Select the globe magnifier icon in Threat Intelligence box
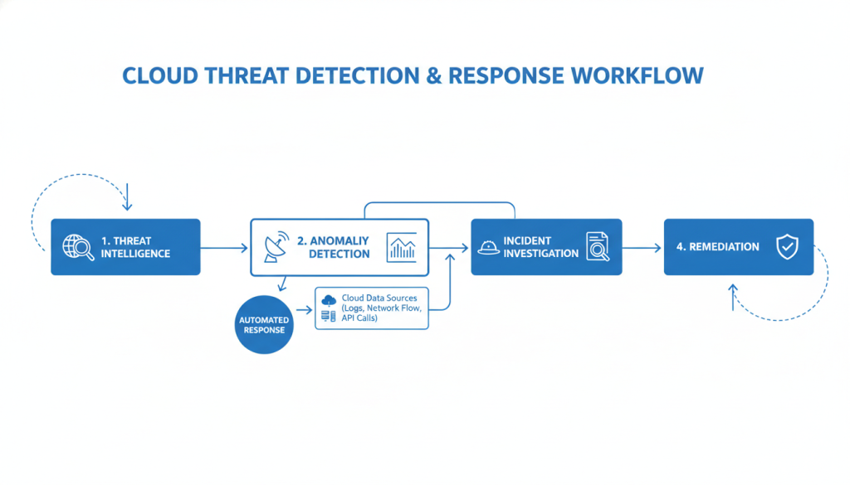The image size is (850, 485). pyautogui.click(x=79, y=247)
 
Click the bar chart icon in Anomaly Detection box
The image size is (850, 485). pyautogui.click(x=403, y=247)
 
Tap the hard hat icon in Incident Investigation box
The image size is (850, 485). pyautogui.click(x=488, y=247)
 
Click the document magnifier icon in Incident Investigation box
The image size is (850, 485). pyautogui.click(x=598, y=247)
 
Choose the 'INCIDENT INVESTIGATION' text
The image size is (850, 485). pyautogui.click(x=540, y=247)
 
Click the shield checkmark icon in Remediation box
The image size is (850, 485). pyautogui.click(x=785, y=247)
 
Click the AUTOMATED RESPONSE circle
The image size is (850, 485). pyautogui.click(x=264, y=324)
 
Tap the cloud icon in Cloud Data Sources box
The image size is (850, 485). pyautogui.click(x=329, y=299)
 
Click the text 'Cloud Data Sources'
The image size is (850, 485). pyautogui.click(x=379, y=298)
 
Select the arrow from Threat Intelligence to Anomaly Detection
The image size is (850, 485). pyautogui.click(x=224, y=247)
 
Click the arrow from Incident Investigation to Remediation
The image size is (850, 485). pyautogui.click(x=642, y=247)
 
